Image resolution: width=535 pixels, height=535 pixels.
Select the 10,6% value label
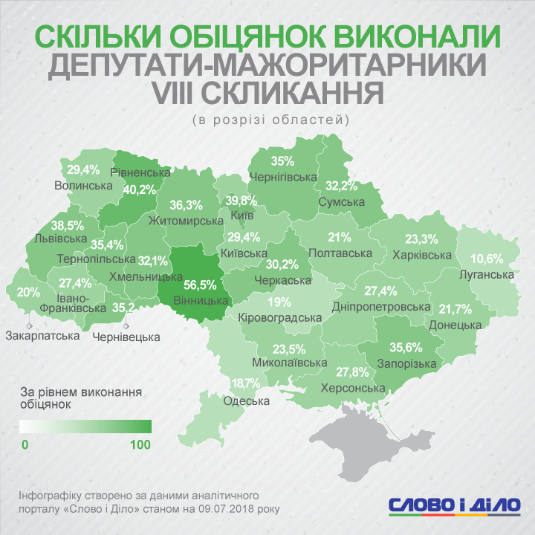[488, 259]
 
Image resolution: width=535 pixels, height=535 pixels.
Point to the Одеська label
[246, 401]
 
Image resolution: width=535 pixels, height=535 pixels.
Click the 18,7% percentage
[247, 383]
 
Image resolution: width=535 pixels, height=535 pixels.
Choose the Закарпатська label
[42, 336]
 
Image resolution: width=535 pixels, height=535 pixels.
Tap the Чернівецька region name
[126, 337]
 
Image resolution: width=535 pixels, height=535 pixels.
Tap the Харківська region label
[421, 255]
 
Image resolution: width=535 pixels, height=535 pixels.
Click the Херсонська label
[351, 388]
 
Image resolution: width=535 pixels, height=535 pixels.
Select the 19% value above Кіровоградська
[279, 302]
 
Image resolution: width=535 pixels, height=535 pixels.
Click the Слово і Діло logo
[455, 503]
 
